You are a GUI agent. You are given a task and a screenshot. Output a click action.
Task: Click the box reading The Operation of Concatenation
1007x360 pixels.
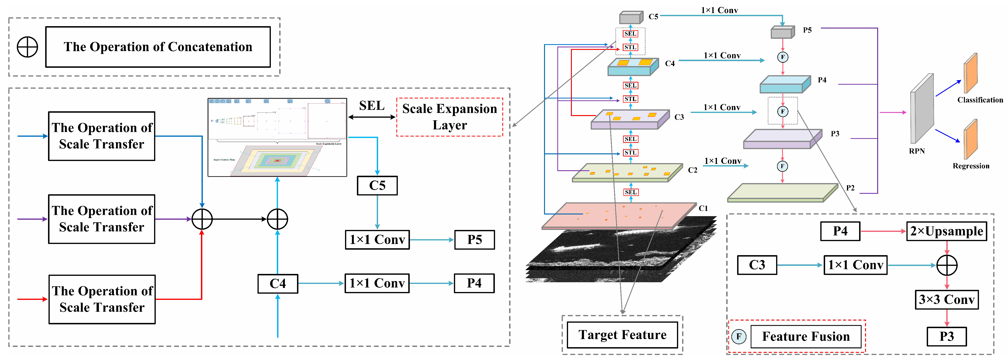point(158,47)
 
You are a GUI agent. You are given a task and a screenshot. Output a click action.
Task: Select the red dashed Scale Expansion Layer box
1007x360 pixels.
point(450,117)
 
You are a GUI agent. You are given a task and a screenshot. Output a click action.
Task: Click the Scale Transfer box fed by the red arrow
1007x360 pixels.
point(102,299)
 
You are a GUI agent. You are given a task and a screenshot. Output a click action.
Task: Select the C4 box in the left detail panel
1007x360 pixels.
point(277,283)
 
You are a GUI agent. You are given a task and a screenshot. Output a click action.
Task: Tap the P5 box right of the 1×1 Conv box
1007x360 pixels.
point(475,240)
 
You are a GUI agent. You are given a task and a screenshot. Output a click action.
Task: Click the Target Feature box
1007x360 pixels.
point(622,335)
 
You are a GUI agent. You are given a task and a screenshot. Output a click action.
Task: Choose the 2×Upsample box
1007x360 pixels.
point(946,231)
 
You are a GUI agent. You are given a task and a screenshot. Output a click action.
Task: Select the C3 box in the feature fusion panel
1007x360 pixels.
point(757,265)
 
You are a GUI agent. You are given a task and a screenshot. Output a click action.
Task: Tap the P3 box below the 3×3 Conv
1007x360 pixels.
point(946,336)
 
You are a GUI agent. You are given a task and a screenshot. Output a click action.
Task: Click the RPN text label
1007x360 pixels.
point(917,151)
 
